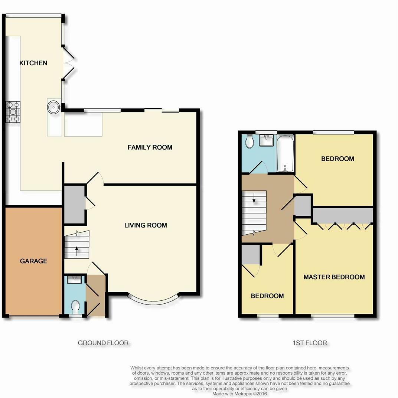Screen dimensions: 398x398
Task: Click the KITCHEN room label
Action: coord(33,63)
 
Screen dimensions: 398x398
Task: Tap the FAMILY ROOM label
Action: coord(150,147)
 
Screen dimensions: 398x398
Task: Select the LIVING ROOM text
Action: coord(146,225)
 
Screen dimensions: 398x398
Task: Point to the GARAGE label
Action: coord(33,261)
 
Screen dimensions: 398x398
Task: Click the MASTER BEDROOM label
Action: coord(334,277)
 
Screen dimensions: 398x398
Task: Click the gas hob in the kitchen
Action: coord(13,112)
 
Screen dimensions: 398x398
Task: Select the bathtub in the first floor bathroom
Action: coord(285,153)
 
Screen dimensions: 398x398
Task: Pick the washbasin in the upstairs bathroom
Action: coord(267,141)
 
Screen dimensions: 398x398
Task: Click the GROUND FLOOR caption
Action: coord(103,343)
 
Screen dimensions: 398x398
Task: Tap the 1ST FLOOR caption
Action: coord(310,343)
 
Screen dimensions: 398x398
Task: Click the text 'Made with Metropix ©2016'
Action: coord(239,393)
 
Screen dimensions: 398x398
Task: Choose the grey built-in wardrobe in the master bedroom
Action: coord(342,215)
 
